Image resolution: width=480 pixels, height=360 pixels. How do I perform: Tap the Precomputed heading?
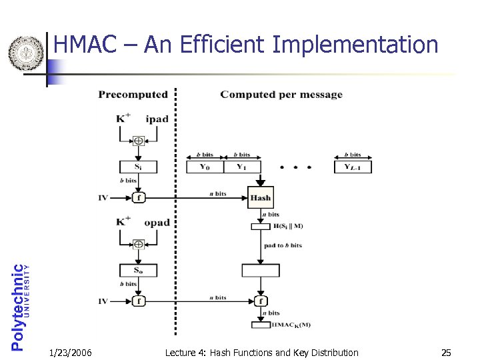pos(133,94)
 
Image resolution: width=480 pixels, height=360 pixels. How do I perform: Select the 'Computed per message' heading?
pos(281,94)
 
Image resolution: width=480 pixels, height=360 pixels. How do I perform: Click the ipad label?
pos(157,119)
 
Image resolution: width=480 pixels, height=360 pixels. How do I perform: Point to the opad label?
pos(157,222)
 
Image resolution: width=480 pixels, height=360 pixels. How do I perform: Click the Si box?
pos(138,167)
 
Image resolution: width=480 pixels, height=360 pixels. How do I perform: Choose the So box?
pos(138,271)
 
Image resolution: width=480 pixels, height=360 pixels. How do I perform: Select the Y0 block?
pos(204,167)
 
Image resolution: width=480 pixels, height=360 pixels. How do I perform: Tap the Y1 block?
pos(241,167)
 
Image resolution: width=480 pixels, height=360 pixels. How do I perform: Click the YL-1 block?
pos(353,167)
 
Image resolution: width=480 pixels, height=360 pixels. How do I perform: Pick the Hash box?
pos(260,197)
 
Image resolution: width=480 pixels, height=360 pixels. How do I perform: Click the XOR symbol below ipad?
pos(138,141)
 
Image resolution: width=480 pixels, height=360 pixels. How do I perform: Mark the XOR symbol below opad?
pos(138,244)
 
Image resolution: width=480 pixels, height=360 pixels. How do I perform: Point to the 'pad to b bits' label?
pos(283,245)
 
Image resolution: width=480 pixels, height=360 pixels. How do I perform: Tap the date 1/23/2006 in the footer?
pos(71,352)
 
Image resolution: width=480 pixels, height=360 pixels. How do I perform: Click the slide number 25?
pos(445,352)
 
